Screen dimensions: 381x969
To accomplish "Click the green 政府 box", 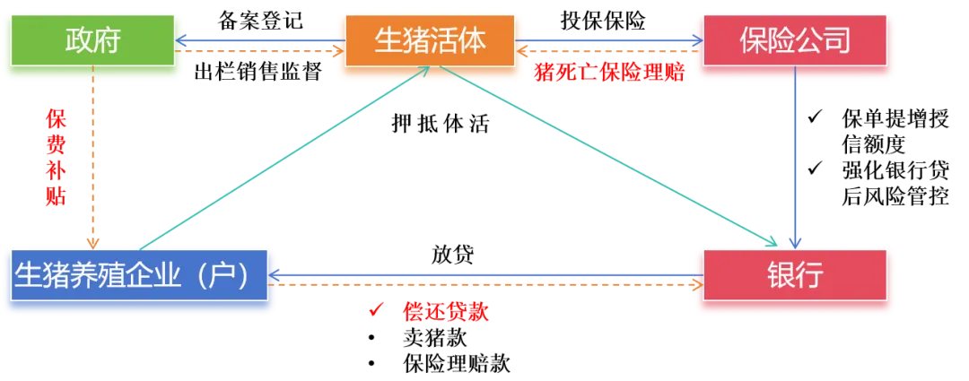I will pos(93,41).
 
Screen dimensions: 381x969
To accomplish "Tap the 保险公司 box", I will pos(795,41).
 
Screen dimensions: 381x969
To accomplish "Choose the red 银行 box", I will pos(795,275).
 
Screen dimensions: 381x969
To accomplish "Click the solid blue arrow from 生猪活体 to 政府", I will pos(260,39).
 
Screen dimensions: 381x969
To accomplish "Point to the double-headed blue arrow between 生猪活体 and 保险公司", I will pos(610,39).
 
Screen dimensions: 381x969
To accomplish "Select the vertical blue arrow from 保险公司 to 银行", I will pos(795,161).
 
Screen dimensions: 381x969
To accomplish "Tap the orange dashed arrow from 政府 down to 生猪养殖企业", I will pos(93,161).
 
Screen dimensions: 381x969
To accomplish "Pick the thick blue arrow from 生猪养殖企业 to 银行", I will pos(484,273).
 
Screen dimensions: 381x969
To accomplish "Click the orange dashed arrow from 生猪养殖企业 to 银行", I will pos(484,284).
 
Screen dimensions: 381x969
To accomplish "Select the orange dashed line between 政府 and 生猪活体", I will pos(260,52).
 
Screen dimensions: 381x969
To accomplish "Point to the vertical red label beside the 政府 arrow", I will pos(56,158).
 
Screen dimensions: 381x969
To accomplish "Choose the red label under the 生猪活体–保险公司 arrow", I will pos(608,74).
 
